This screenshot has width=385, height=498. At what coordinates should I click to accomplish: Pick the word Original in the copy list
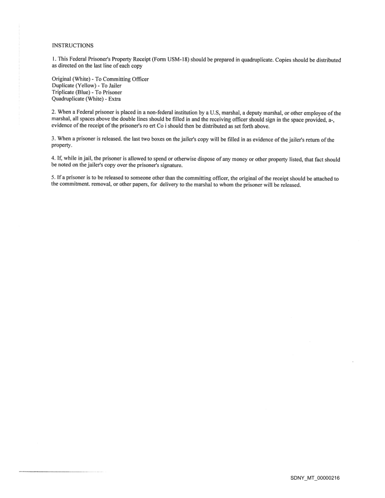click(62, 79)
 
